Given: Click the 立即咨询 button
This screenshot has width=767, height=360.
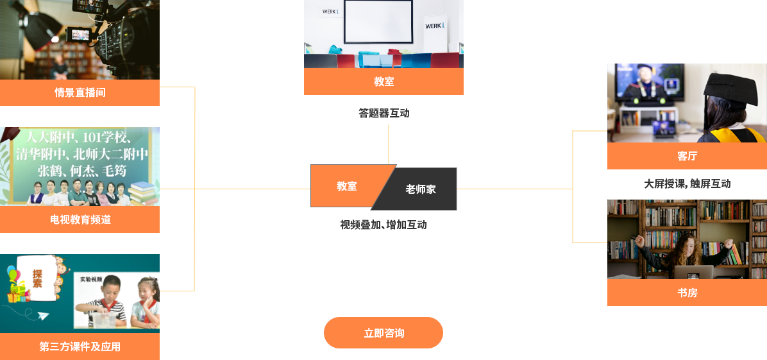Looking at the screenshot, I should [x=383, y=332].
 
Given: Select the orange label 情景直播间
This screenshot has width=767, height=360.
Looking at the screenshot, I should [x=80, y=92].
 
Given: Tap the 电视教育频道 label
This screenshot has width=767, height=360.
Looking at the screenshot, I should [x=80, y=219].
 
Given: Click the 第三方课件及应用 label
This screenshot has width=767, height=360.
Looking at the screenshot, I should [x=80, y=347].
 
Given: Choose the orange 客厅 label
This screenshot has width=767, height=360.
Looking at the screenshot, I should [x=687, y=156].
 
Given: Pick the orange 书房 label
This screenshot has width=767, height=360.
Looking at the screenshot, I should [x=687, y=293].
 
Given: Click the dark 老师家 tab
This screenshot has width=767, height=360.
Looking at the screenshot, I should [x=420, y=189].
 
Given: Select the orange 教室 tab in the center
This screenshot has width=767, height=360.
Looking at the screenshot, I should [x=346, y=186].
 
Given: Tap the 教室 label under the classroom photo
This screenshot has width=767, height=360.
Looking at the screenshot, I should [x=383, y=81].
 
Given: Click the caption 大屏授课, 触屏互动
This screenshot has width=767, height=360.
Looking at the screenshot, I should [x=687, y=184].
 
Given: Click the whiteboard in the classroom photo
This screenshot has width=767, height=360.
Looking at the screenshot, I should [x=378, y=21].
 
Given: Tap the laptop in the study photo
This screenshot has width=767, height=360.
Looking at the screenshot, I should [x=693, y=272].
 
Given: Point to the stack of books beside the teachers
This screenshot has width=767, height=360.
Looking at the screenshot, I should [x=144, y=193].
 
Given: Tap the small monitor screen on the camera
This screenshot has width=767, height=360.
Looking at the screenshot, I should [x=77, y=33].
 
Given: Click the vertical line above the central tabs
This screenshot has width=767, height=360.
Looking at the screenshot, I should [x=389, y=143].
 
